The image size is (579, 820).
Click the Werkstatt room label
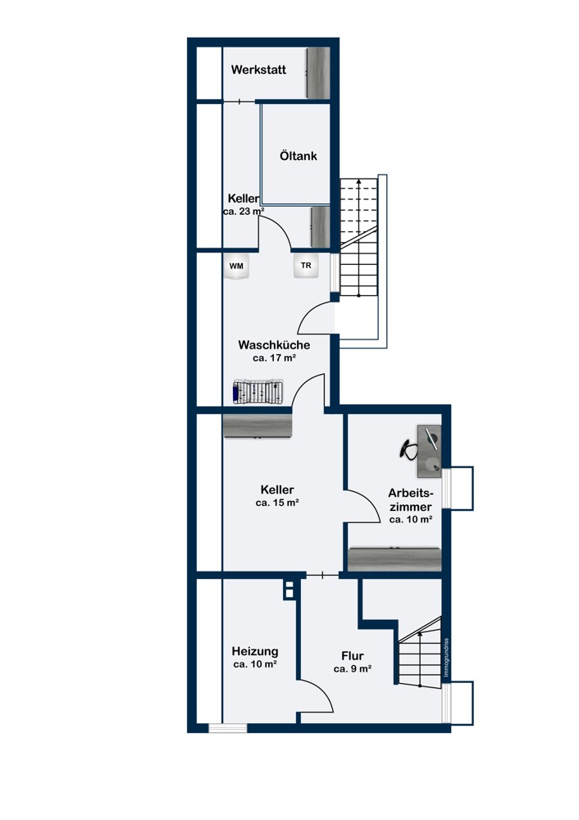click(258, 70)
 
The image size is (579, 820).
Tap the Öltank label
click(298, 155)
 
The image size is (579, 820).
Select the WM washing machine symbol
click(236, 266)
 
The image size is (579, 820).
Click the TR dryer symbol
click(306, 266)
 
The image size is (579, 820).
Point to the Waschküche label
click(274, 344)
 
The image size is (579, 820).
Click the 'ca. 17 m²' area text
click(274, 358)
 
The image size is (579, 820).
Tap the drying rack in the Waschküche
click(258, 392)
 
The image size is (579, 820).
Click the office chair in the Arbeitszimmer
click(410, 448)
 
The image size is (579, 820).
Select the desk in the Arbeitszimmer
click(430, 451)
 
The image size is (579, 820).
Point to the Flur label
click(353, 655)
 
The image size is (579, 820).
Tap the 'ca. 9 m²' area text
click(353, 669)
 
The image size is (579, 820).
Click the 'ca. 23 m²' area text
click(244, 212)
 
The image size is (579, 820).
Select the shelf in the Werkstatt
click(318, 74)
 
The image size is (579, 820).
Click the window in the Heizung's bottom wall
click(227, 727)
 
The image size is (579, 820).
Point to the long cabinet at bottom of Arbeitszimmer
click(394, 558)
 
